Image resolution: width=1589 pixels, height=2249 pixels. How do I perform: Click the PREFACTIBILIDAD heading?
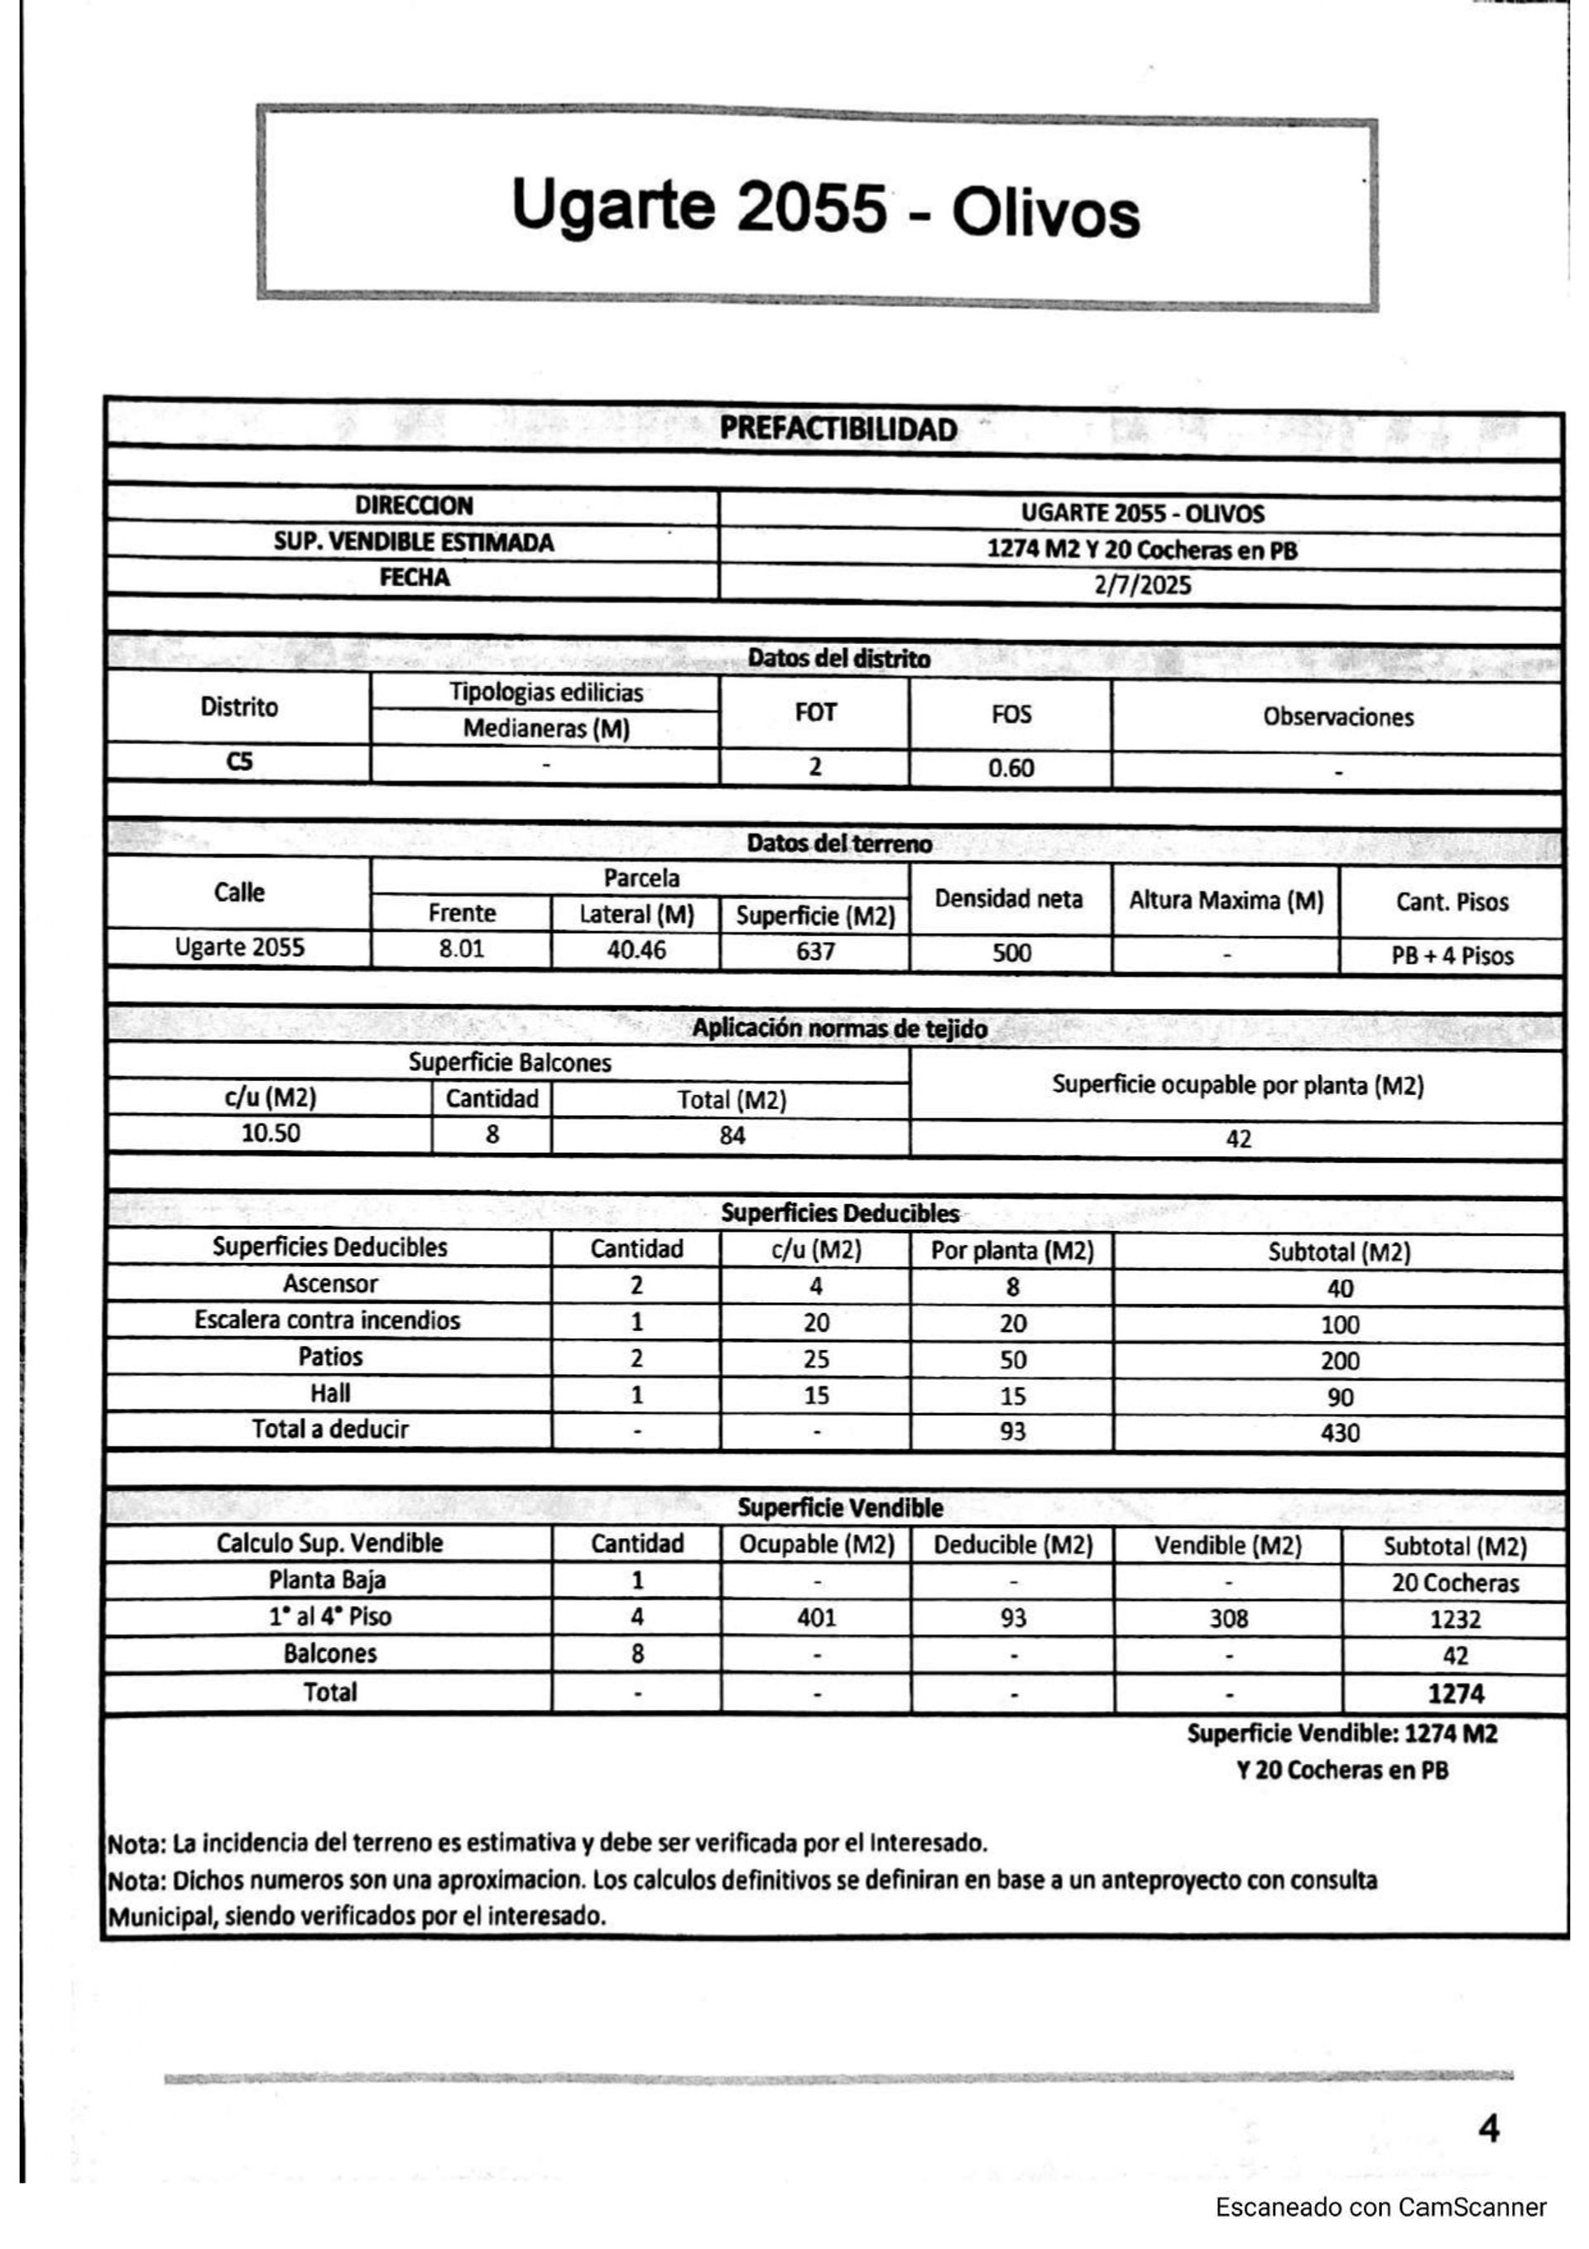click(838, 429)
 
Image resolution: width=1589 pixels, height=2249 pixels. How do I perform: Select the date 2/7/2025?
click(1141, 586)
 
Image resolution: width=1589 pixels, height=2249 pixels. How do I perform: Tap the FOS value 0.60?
click(1011, 768)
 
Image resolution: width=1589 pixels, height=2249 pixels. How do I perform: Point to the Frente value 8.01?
click(462, 949)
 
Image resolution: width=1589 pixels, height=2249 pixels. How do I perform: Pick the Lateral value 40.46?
click(636, 949)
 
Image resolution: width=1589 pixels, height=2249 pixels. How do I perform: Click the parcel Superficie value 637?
click(815, 951)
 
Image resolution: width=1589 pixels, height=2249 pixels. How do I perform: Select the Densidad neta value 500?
click(1011, 952)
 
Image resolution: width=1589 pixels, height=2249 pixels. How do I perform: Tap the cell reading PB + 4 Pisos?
click(1452, 956)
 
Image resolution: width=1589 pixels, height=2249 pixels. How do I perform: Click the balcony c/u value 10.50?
click(271, 1133)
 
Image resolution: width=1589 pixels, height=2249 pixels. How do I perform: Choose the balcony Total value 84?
click(732, 1136)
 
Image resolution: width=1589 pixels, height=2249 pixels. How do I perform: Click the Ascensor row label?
click(330, 1283)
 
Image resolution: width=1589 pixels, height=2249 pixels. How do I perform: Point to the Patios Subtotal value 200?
click(1339, 1361)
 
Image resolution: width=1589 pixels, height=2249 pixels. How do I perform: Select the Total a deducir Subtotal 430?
click(1339, 1433)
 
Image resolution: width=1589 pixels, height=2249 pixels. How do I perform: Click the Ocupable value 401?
click(816, 1617)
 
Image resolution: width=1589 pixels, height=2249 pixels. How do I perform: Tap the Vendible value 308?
click(1227, 1618)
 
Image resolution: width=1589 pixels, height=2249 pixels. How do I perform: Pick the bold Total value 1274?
click(1455, 1694)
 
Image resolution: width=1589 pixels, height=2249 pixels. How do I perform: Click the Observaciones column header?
click(1337, 717)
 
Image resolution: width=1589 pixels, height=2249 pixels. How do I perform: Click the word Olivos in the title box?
click(1045, 214)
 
